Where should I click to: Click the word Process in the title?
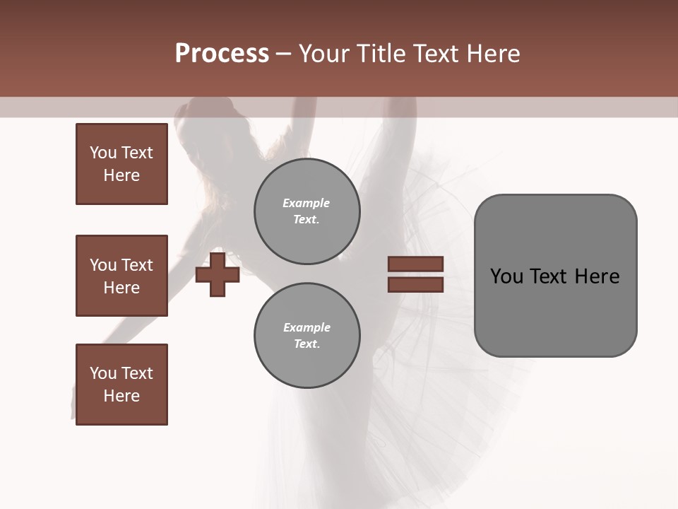click(222, 54)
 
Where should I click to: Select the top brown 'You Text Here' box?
click(121, 164)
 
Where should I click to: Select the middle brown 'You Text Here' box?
click(121, 276)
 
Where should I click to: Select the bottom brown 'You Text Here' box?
click(121, 385)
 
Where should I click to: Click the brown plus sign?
click(218, 274)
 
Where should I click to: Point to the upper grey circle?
click(307, 211)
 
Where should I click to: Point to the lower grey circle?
click(307, 336)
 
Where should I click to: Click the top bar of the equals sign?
click(416, 264)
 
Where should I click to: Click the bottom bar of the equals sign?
click(416, 284)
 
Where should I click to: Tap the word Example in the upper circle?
click(307, 203)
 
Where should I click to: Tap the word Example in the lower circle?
click(307, 327)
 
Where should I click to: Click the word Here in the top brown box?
click(121, 175)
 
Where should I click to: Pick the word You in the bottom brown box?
click(102, 373)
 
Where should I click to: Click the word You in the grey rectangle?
click(507, 276)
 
